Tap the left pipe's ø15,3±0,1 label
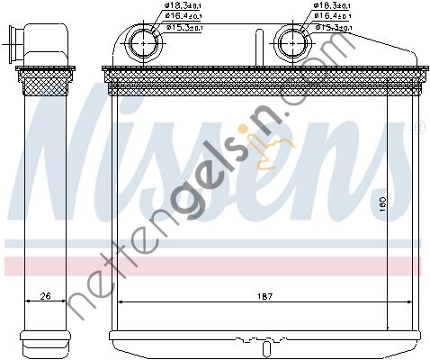click(x=186, y=27)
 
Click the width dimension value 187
click(x=262, y=295)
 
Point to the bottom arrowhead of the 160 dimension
click(x=388, y=326)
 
